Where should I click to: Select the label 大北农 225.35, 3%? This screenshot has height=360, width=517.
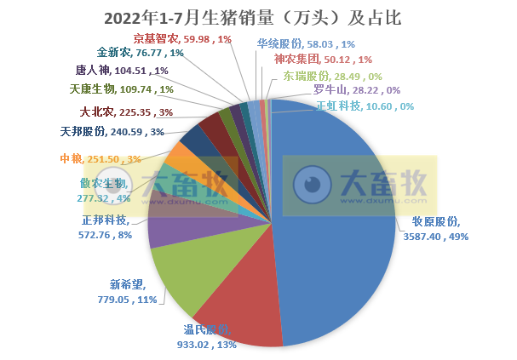pos(126,111)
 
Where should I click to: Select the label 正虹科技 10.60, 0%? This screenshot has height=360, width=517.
pos(365,106)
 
